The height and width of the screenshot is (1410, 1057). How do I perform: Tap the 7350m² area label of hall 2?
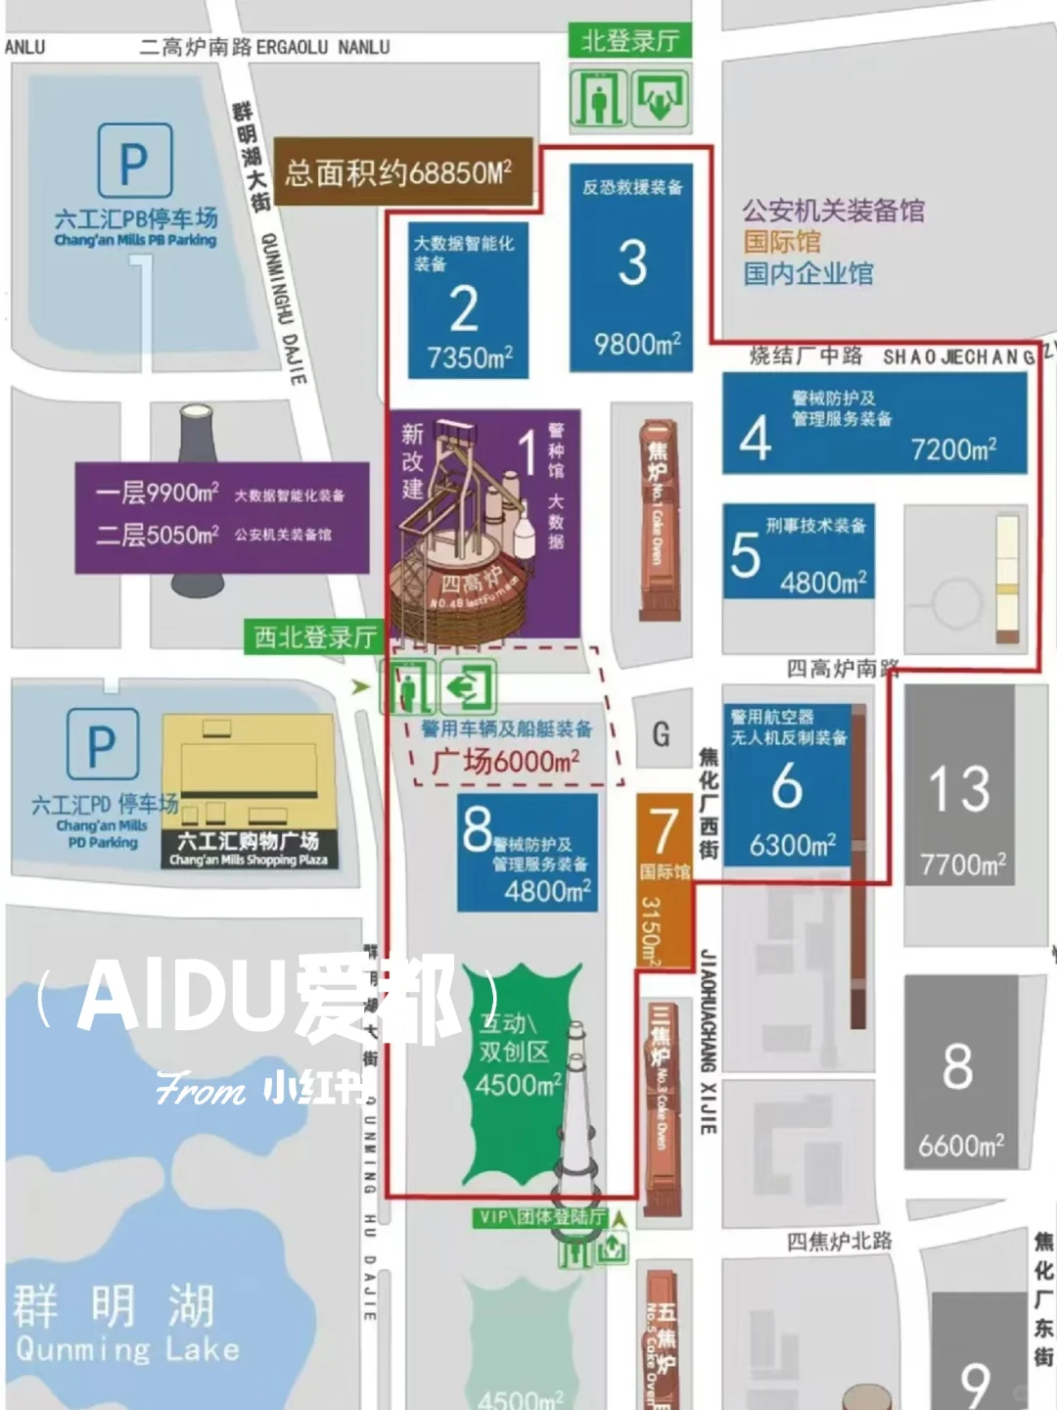470,357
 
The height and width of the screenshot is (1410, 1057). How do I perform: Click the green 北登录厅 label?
629,41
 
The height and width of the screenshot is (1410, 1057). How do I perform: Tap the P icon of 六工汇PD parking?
102,745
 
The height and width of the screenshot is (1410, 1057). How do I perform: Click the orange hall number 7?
665,829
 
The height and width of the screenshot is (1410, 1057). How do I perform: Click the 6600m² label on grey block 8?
960,1145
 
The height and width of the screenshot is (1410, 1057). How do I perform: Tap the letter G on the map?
661,733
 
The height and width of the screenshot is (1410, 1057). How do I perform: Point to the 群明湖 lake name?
114,1304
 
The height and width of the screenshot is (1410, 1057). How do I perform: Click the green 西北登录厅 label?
315,637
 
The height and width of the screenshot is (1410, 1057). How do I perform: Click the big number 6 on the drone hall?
787,786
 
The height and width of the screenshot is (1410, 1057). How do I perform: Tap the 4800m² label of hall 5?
823,583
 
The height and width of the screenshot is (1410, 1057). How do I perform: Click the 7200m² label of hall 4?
953,449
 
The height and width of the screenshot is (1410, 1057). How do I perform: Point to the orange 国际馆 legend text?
782,242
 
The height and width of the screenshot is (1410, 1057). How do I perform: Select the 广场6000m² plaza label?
505,761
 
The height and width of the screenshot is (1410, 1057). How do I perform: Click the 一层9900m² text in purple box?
158,493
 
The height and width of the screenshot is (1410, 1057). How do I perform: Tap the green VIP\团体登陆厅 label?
541,1217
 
